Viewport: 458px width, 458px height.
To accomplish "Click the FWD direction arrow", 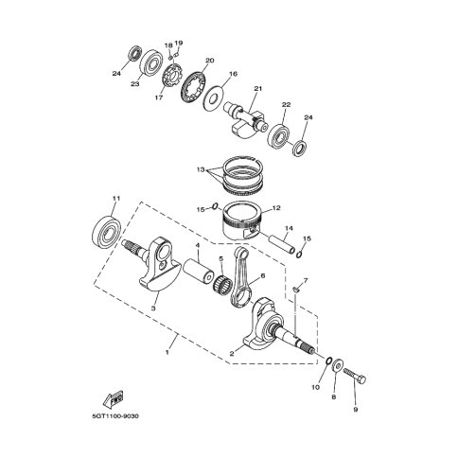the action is tap(113, 398).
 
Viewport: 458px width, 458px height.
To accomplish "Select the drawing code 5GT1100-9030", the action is tap(115, 416).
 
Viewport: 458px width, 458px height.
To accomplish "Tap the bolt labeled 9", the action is tap(355, 376).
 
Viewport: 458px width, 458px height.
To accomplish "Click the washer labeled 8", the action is tap(337, 365).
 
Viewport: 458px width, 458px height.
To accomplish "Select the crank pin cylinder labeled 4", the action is tap(199, 271).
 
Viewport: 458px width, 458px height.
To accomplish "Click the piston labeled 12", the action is tap(242, 223).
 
